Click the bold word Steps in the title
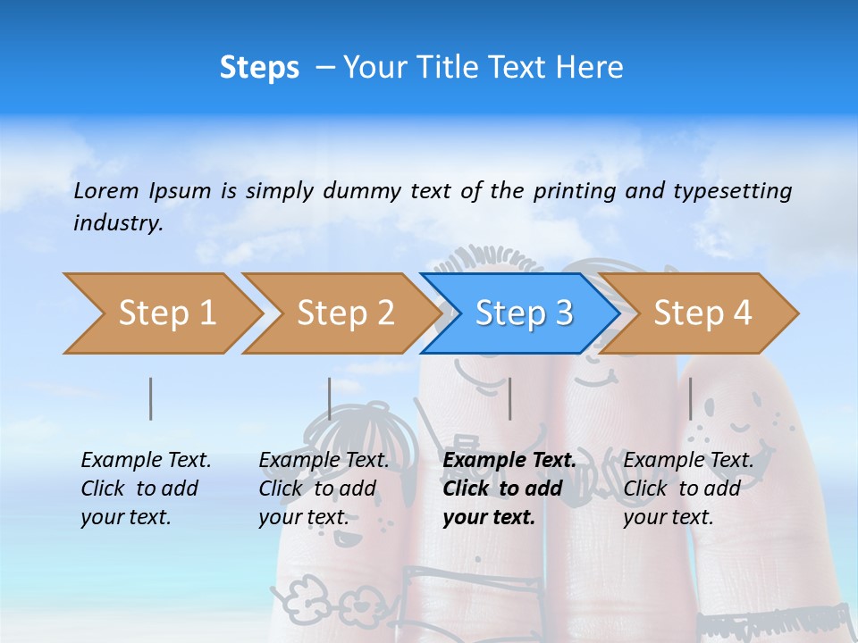tap(259, 67)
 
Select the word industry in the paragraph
tap(117, 223)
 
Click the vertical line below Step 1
tap(151, 398)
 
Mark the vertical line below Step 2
tap(330, 398)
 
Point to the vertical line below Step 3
tap(509, 398)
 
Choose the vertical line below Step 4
tap(690, 398)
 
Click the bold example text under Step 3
tap(509, 489)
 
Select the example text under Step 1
tap(146, 489)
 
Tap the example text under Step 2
tap(324, 489)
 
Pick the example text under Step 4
tap(688, 489)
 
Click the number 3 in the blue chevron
tap(563, 313)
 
